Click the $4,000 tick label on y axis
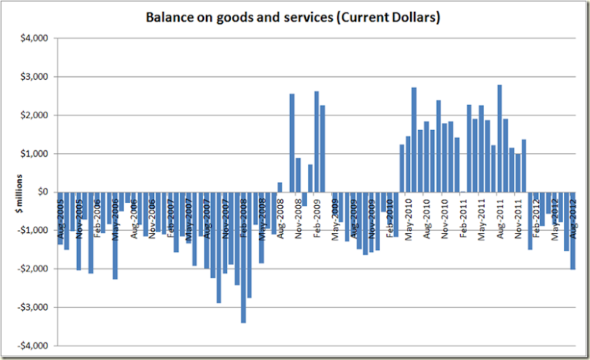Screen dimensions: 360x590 tap(34, 38)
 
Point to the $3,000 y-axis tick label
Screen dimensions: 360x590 tap(34, 77)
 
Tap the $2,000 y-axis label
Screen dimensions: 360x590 tap(34, 115)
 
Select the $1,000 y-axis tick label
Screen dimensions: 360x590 tap(34, 153)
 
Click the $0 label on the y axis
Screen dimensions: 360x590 tap(41, 192)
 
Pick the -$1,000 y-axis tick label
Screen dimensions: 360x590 tap(32, 230)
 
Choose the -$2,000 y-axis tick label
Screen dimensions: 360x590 tap(32, 269)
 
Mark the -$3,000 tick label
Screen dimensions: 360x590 tap(32, 307)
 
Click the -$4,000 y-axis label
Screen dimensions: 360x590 tap(32, 345)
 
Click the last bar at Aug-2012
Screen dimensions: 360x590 tap(572, 230)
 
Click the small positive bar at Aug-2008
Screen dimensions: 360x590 tap(280, 187)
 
